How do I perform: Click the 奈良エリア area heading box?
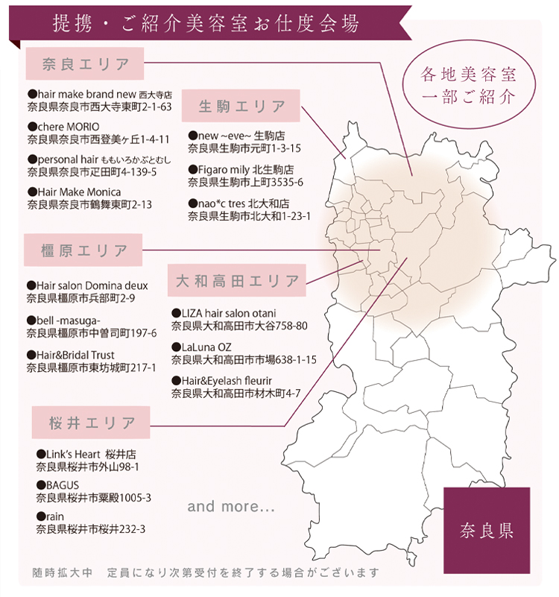point(86,64)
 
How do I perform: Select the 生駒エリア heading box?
point(241,106)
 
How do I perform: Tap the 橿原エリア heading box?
point(83,250)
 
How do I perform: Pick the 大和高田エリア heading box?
point(237,281)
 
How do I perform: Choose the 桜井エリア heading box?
point(92,423)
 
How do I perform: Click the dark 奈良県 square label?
point(486,531)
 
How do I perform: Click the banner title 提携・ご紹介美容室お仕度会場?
point(206,22)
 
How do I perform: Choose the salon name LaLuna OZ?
point(206,347)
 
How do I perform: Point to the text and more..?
point(232,507)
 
